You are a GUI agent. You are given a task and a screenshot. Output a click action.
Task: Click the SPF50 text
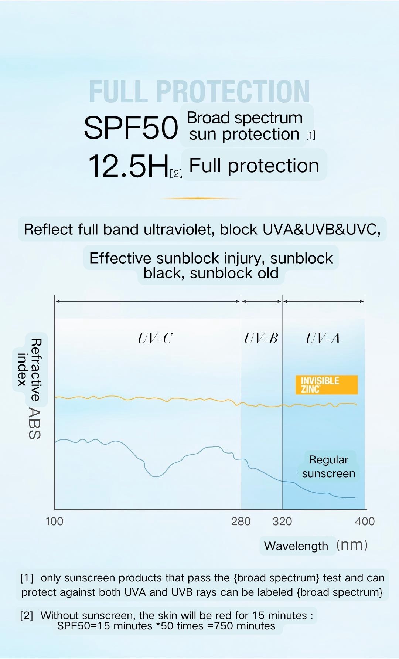pyautogui.click(x=131, y=128)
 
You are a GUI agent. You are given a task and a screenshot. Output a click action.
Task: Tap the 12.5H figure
pyautogui.click(x=128, y=166)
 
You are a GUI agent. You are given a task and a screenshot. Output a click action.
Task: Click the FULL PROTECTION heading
pyautogui.click(x=199, y=92)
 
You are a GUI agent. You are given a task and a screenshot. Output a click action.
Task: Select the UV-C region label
pyautogui.click(x=155, y=338)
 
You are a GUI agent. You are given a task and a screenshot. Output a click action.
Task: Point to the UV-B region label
pyautogui.click(x=261, y=338)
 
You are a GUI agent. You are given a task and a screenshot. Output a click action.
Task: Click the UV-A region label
pyautogui.click(x=323, y=338)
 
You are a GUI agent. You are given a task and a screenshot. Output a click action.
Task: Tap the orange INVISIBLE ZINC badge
pyautogui.click(x=326, y=385)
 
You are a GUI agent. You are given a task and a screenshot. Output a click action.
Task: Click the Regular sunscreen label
pyautogui.click(x=328, y=466)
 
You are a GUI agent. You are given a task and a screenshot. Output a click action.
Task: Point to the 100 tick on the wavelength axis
pyautogui.click(x=54, y=521)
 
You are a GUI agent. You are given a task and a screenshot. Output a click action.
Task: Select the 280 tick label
pyautogui.click(x=241, y=521)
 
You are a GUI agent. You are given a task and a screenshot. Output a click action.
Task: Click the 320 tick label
pyautogui.click(x=282, y=521)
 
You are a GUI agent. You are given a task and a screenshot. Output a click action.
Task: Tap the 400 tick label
pyautogui.click(x=365, y=521)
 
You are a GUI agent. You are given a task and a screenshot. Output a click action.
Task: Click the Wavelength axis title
pyautogui.click(x=296, y=546)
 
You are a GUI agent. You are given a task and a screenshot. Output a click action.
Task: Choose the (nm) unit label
pyautogui.click(x=352, y=545)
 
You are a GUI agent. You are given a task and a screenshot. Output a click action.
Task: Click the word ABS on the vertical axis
pyautogui.click(x=34, y=424)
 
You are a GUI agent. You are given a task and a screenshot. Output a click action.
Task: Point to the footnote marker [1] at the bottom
pyautogui.click(x=27, y=578)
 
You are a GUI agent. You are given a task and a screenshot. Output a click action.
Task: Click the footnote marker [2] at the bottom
pyautogui.click(x=27, y=616)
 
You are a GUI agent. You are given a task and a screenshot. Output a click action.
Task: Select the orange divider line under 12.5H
pyautogui.click(x=201, y=198)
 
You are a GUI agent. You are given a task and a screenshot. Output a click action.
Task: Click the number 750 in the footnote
pyautogui.click(x=221, y=626)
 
